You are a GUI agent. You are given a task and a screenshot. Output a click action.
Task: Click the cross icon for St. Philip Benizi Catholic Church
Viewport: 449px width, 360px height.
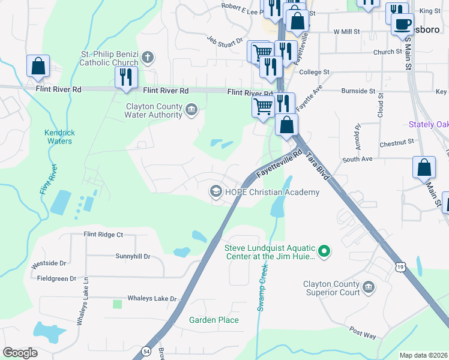point(148,58)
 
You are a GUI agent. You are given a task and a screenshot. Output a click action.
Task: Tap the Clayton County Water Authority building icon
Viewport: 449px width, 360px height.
point(191,109)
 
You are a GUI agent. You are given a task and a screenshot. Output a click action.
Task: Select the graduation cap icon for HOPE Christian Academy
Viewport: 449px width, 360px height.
point(215,192)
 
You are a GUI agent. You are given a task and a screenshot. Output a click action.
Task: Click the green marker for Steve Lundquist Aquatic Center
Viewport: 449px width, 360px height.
point(324,250)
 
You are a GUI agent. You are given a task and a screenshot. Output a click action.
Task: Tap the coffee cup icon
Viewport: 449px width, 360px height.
point(402,24)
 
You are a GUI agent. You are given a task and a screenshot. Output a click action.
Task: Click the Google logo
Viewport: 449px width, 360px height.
point(20,352)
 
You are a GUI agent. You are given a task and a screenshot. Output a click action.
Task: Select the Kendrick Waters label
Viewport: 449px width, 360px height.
point(58,137)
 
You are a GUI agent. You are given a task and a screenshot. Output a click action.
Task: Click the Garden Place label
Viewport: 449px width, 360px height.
point(214,320)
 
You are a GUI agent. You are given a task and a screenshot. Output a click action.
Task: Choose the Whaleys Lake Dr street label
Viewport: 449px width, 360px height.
point(152,298)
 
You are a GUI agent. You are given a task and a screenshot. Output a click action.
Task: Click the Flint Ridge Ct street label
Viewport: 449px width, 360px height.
point(103,235)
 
